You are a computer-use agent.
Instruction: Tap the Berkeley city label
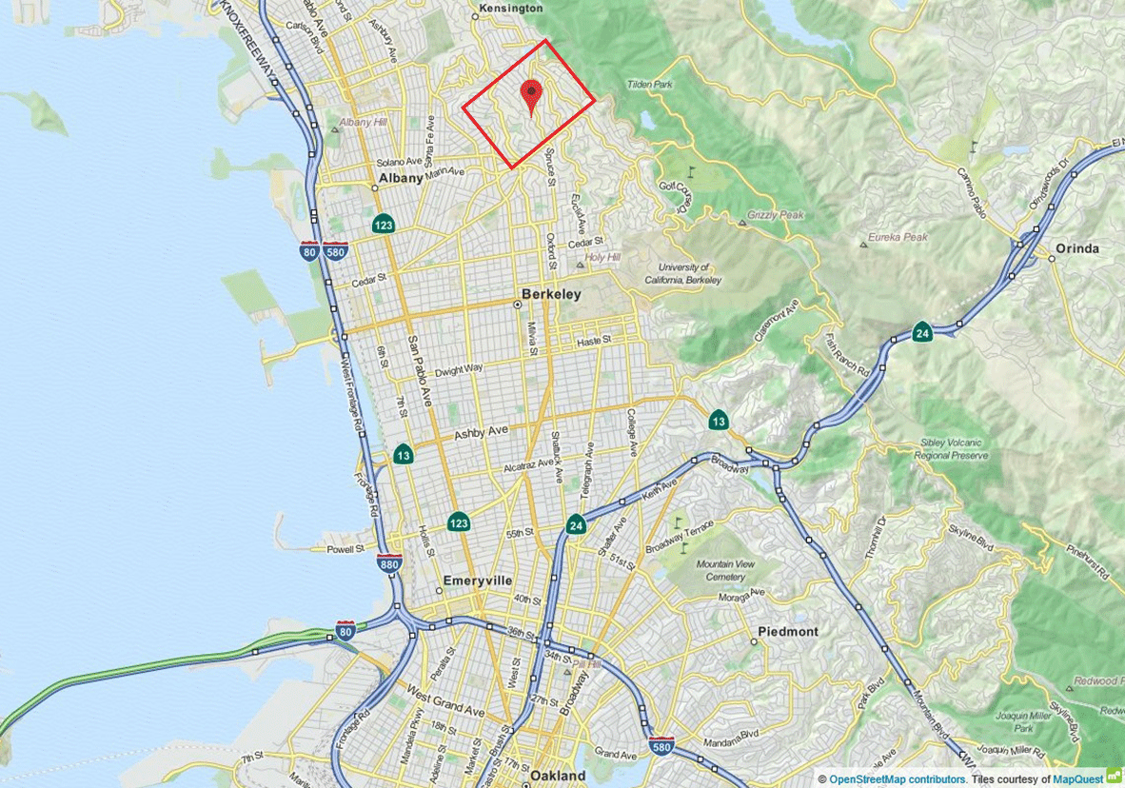552,294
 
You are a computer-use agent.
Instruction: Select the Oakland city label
558,776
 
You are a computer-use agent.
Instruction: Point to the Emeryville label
478,581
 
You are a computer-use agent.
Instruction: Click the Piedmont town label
788,631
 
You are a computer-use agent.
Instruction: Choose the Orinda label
1076,248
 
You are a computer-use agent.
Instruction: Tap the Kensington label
510,8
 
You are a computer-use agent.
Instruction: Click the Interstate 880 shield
388,563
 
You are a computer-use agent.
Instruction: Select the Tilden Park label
649,85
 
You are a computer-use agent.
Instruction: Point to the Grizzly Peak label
776,215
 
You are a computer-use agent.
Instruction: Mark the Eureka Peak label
898,236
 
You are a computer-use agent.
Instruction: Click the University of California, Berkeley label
682,274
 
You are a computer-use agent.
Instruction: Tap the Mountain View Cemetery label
726,570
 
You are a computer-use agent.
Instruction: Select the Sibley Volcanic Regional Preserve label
955,449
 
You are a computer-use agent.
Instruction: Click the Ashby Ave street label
482,432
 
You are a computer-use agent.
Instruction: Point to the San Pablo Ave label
419,371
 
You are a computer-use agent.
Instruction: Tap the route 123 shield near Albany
384,225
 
